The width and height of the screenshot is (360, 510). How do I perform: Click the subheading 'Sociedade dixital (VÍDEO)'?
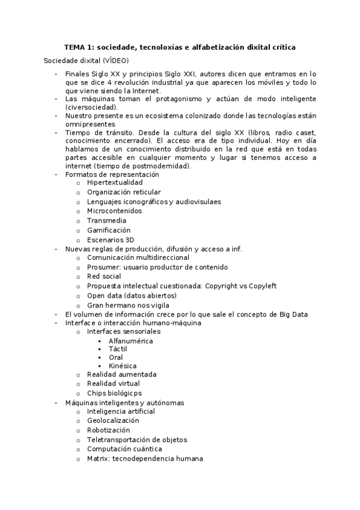coord(86,61)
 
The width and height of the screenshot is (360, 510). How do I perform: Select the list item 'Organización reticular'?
coord(124,192)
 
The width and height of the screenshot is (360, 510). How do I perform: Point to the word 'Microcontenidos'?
coord(114,211)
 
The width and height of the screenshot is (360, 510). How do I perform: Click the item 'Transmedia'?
coord(106,221)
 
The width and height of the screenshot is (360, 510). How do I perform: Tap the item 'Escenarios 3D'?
coord(111,239)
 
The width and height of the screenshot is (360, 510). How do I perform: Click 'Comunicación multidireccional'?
coord(138,257)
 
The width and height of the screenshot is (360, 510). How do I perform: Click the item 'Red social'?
coord(103,277)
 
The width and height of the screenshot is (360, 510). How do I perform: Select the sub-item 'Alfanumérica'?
coord(130,341)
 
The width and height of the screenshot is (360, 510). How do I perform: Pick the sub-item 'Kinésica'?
coord(123,366)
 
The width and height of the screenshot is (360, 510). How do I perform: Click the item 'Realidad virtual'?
coord(113,383)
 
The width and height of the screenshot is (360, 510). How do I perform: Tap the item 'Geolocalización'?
coord(113,421)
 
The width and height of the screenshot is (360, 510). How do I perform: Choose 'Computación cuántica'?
coord(124,449)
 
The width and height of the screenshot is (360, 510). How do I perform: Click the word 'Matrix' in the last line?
coord(98,458)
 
